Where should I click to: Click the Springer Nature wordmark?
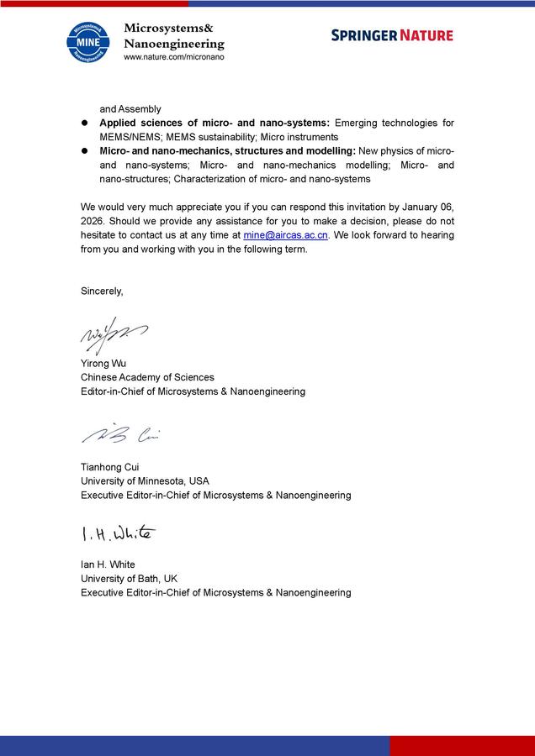click(x=391, y=35)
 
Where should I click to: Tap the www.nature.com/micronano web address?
click(x=173, y=56)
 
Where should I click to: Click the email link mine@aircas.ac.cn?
click(x=285, y=236)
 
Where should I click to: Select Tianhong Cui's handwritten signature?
click(x=120, y=433)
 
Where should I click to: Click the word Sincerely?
click(x=102, y=291)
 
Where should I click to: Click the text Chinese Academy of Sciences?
click(x=147, y=378)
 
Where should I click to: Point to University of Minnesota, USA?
click(x=145, y=481)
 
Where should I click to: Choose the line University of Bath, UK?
click(x=129, y=579)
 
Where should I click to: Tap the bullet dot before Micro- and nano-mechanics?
click(x=85, y=151)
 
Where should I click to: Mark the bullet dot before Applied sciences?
click(x=85, y=123)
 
